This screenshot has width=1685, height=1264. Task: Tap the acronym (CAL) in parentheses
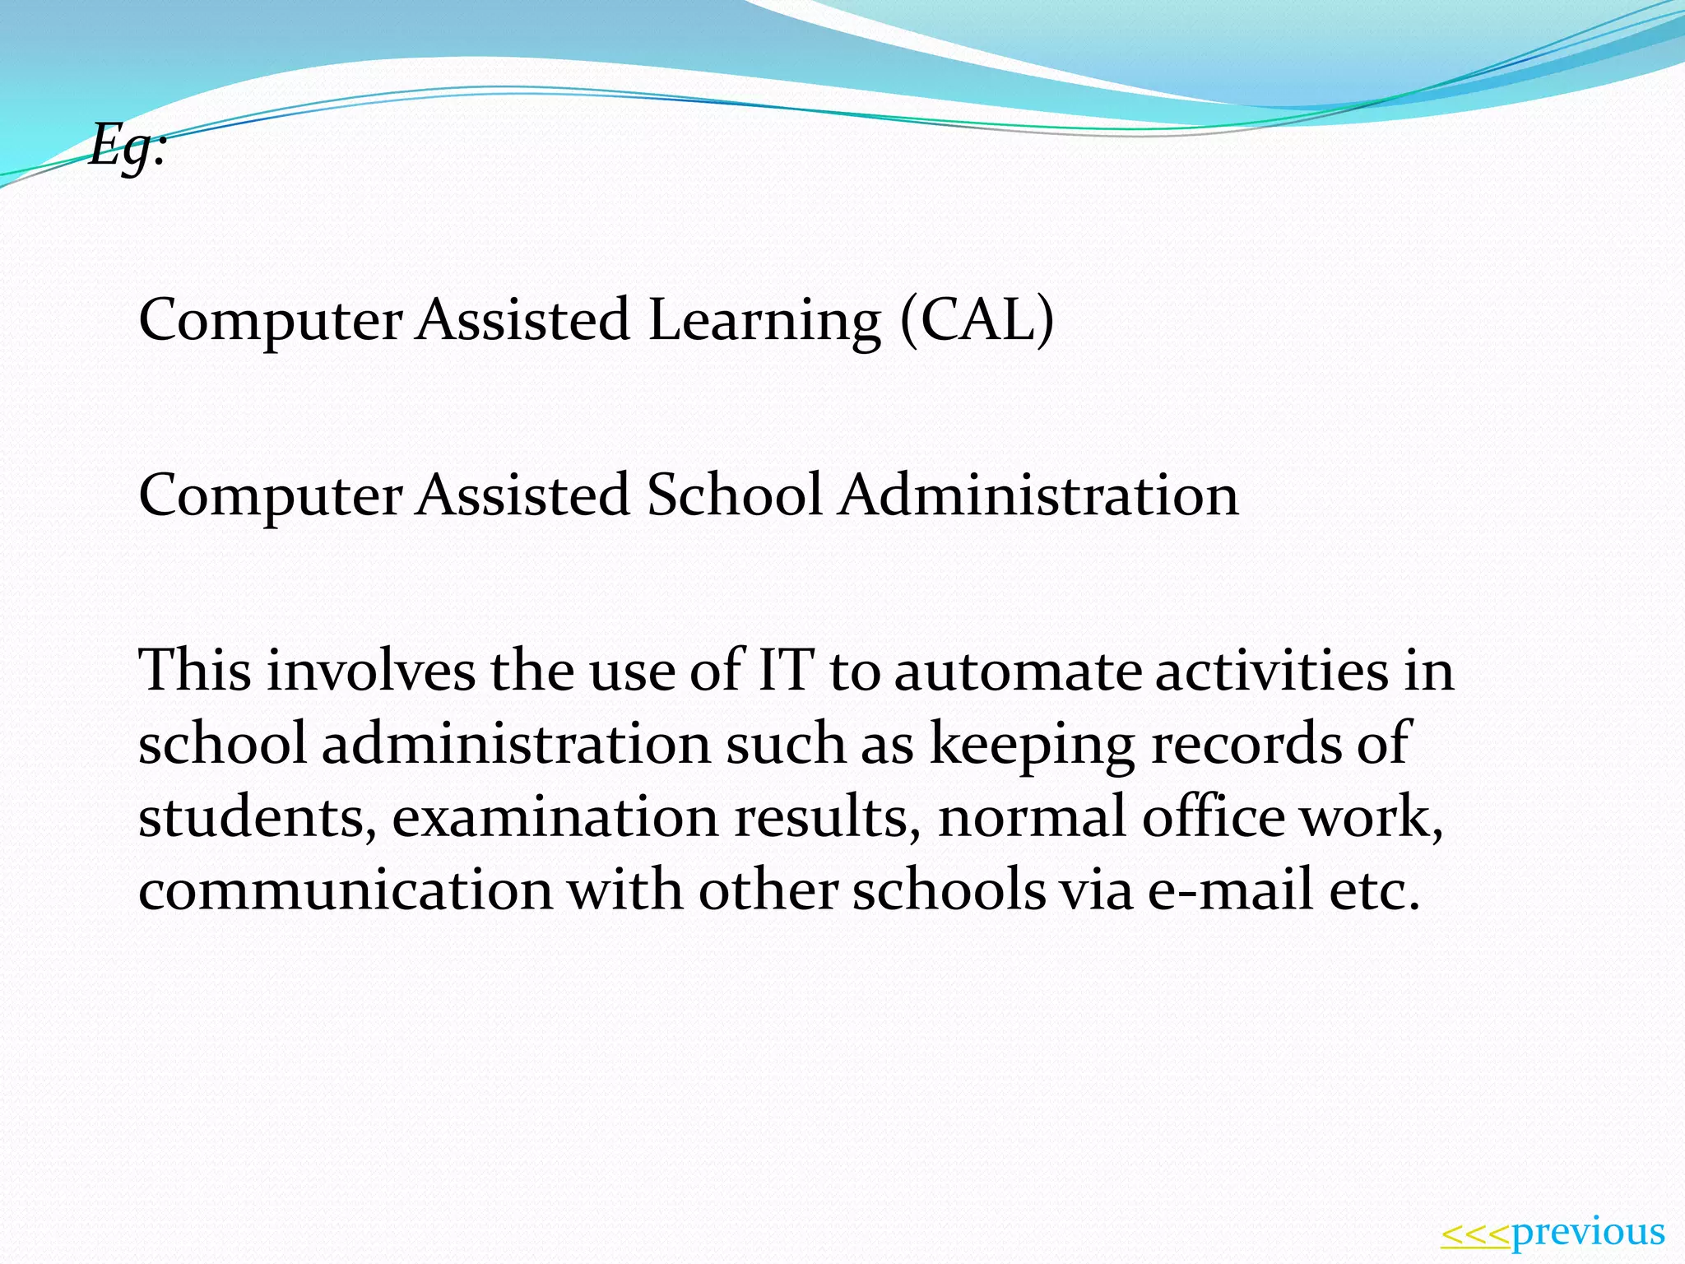[x=977, y=319]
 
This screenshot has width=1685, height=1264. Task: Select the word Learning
[x=764, y=321]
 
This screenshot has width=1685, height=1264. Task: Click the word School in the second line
[x=735, y=495]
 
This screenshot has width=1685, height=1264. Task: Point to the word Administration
[x=1038, y=495]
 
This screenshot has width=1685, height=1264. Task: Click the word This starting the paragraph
[x=195, y=670]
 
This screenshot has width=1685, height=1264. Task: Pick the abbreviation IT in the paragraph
[x=786, y=670]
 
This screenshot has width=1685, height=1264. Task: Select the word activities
[x=1271, y=670]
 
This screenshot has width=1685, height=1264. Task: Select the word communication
[x=346, y=890]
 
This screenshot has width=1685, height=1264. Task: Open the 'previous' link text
[x=1588, y=1233]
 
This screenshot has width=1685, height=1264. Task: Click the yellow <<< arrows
[x=1475, y=1234]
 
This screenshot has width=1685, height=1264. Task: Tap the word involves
[x=370, y=670]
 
